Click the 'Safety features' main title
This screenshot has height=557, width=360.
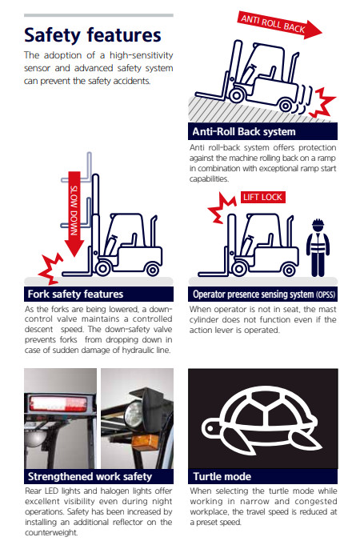coord(92,35)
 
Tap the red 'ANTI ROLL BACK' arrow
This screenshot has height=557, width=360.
coord(280,25)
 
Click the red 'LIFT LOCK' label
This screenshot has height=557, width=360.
coord(262,197)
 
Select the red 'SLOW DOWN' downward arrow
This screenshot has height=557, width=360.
coord(74,214)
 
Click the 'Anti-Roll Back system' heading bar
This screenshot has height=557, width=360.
coord(262,131)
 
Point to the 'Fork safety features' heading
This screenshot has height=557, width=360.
coord(98,295)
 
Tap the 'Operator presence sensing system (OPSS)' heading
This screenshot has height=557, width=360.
coord(262,295)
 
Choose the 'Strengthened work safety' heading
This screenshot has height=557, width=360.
coord(98,476)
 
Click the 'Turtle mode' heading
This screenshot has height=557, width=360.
coord(262,476)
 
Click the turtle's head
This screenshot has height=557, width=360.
coord(212,428)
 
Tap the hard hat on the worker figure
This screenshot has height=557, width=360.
coord(318,223)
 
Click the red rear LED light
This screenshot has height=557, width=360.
coord(58,404)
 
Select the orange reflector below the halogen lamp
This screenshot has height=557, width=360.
coord(145,442)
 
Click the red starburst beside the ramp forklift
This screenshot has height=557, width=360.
coord(322,102)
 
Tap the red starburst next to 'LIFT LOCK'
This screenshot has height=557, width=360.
coord(222,208)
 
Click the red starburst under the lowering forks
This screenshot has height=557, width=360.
coord(50,269)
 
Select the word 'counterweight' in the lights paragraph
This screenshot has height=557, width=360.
coord(51,532)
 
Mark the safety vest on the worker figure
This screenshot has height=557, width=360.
coord(318,243)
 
